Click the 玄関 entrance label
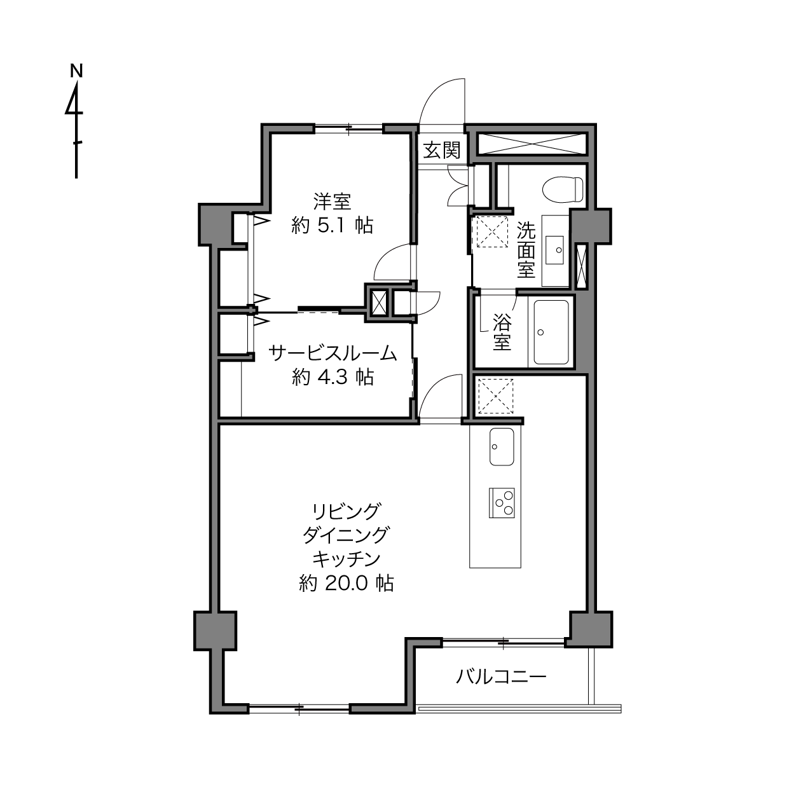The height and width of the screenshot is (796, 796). [442, 150]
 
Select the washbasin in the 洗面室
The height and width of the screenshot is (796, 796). [554, 250]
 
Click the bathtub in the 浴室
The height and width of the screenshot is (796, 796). [551, 332]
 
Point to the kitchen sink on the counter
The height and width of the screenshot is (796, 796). [502, 446]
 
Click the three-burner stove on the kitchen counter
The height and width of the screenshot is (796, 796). [502, 503]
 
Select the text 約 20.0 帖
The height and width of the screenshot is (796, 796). [346, 584]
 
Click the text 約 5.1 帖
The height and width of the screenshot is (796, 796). [332, 226]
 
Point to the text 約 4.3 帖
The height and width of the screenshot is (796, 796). [333, 377]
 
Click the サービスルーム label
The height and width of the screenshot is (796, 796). [333, 353]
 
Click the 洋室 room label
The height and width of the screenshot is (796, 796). [332, 202]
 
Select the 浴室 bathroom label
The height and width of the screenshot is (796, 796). [502, 331]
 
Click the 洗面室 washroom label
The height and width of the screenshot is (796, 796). [526, 250]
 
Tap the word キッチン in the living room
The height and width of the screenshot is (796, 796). [346, 559]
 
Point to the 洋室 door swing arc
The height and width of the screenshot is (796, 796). [386, 254]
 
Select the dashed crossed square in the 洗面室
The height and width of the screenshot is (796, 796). [492, 231]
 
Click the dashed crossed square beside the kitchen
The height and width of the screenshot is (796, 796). [495, 396]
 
